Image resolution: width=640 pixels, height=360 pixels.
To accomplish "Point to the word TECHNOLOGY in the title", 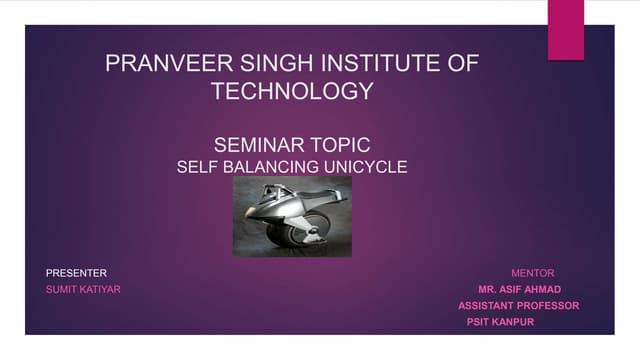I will pos(292,92).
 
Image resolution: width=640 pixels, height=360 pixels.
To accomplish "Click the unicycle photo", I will pos(292,216).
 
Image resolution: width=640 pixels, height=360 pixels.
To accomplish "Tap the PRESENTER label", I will pos(77,273).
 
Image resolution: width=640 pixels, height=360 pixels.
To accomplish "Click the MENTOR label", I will pos(532,273).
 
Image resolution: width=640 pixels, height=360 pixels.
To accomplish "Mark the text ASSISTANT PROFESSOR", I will pos(518,306).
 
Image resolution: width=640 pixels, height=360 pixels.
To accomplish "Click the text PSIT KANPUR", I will pos(500,323).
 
